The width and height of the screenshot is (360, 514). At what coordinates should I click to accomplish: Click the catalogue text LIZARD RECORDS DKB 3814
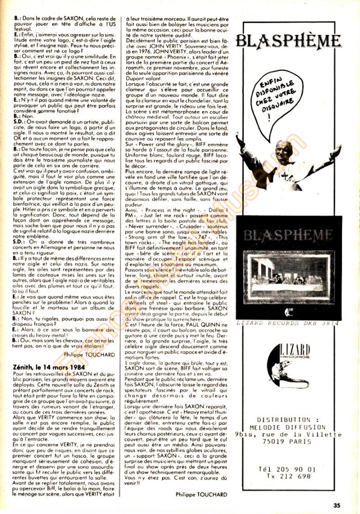[x=288, y=322]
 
